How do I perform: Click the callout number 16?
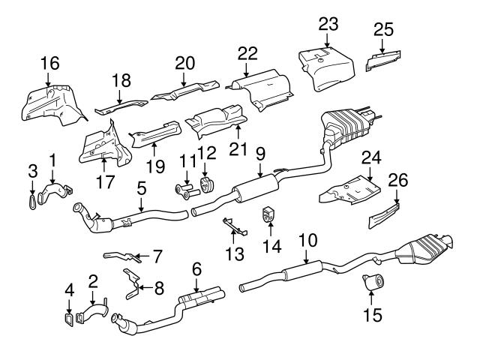click(49, 63)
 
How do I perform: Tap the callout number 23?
click(328, 24)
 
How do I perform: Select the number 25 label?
click(383, 29)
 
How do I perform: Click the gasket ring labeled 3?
click(31, 199)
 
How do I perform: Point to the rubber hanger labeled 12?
click(205, 184)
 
